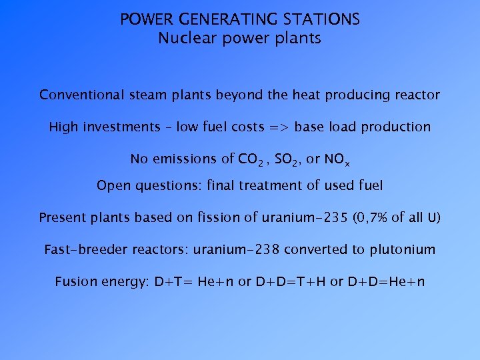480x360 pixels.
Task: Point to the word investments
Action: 127,127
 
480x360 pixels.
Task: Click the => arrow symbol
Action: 278,127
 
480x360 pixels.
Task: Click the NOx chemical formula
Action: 337,159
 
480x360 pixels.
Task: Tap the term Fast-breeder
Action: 81,250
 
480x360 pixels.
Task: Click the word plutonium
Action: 401,250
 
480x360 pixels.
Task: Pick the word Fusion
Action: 75,281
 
